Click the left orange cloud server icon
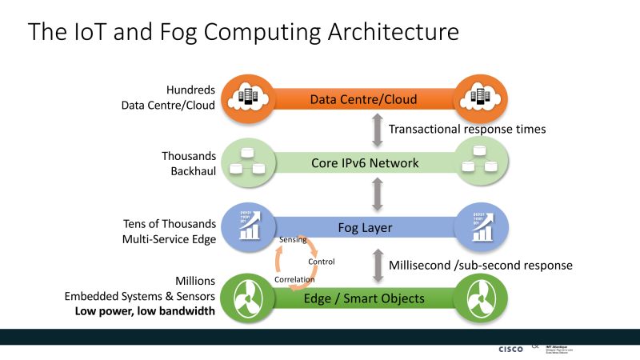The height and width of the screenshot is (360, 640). [246, 98]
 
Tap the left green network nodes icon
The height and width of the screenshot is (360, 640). [246, 163]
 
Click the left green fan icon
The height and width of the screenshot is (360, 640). [246, 298]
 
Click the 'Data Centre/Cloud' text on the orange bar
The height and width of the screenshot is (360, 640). [364, 100]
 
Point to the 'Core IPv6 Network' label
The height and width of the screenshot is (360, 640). [364, 163]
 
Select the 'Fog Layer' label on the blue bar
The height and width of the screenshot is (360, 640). [364, 228]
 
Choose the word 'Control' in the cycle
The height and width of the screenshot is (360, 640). [321, 262]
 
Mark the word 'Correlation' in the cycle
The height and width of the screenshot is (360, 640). [292, 280]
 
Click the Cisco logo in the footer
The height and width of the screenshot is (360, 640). [510, 349]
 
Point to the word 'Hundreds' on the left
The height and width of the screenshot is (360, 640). [190, 90]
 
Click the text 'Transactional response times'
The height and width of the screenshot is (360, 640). [466, 130]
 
